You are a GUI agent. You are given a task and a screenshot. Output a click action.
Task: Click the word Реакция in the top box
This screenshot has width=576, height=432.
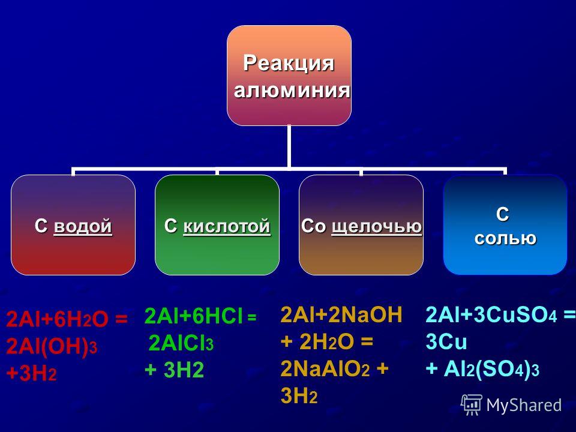[289, 63]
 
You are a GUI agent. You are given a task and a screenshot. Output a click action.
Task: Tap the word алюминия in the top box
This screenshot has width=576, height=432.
[292, 89]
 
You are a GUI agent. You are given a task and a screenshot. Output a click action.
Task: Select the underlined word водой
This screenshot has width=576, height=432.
[83, 226]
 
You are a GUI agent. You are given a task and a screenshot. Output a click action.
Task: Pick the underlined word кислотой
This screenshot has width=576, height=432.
[227, 226]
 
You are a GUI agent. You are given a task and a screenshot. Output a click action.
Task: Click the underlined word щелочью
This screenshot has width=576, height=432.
[377, 227]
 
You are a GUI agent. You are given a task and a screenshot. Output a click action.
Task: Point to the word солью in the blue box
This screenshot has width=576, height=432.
[505, 238]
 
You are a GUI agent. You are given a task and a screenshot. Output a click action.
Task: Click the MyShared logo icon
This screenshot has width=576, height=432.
[472, 404]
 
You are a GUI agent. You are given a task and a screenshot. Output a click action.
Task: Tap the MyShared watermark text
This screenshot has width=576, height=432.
[524, 405]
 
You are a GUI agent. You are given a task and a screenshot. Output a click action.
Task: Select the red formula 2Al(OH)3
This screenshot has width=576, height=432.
[52, 346]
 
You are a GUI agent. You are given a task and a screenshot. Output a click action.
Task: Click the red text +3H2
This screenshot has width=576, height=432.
[31, 374]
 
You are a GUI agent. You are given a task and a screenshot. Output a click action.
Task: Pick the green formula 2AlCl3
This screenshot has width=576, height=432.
[181, 344]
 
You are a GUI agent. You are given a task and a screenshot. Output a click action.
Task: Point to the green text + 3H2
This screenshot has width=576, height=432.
[174, 370]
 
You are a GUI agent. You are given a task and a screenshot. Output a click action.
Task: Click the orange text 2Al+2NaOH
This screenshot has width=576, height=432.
[341, 315]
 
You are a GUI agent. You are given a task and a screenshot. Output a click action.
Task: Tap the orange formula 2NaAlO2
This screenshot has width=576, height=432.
[325, 369]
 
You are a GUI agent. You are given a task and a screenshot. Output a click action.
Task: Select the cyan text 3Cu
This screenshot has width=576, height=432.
[446, 342]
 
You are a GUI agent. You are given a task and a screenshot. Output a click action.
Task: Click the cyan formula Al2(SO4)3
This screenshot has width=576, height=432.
[491, 369]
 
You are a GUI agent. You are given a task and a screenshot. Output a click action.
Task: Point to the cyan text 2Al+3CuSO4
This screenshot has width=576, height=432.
[491, 315]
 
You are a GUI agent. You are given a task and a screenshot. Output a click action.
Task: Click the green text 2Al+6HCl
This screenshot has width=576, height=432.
[194, 316]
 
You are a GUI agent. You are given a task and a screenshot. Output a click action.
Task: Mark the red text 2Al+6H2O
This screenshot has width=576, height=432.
[58, 319]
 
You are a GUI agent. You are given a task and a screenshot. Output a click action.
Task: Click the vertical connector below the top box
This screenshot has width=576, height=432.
[289, 147]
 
